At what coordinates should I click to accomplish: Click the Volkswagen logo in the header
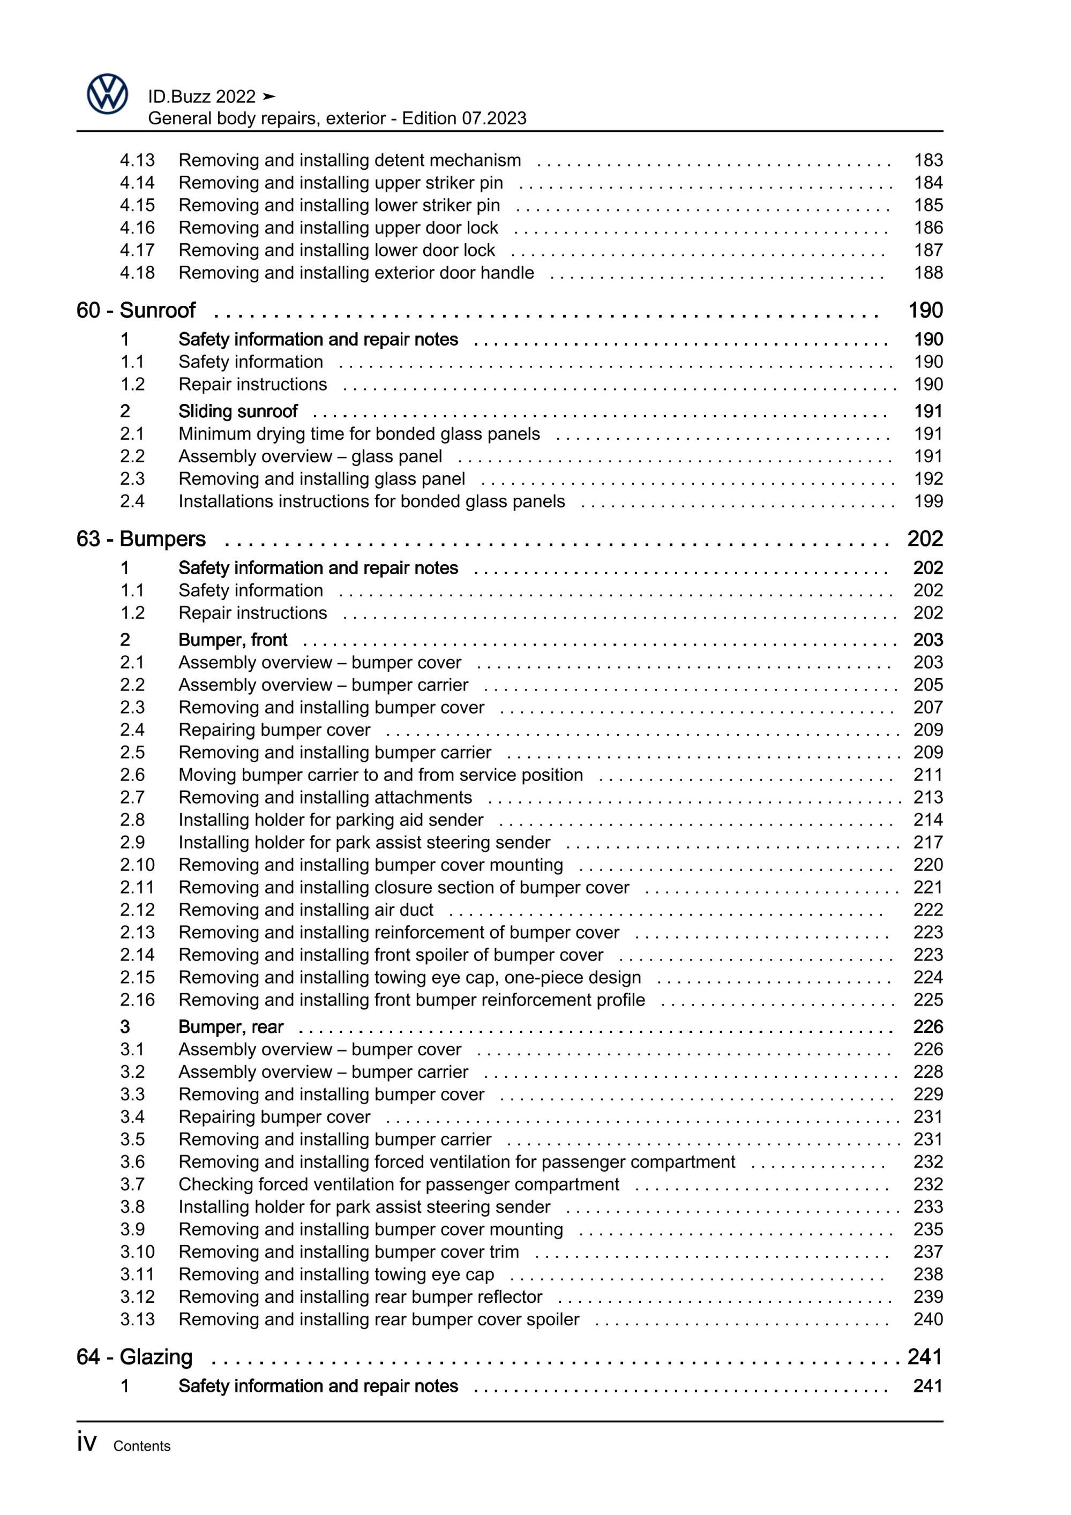pyautogui.click(x=107, y=94)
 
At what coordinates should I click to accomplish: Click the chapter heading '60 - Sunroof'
pyautogui.click(x=136, y=310)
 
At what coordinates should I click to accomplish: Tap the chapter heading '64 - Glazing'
pyautogui.click(x=134, y=1356)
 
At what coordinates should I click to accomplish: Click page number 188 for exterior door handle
pyautogui.click(x=928, y=273)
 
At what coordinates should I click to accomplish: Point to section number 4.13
pyautogui.click(x=137, y=160)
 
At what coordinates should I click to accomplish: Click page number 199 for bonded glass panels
pyautogui.click(x=928, y=501)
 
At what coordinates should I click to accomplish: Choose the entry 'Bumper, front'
pyautogui.click(x=233, y=640)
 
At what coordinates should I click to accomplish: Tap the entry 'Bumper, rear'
pyautogui.click(x=230, y=1027)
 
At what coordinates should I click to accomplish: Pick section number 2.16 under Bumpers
pyautogui.click(x=137, y=1000)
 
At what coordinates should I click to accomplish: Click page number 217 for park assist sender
pyautogui.click(x=928, y=842)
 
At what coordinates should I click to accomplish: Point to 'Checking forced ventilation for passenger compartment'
pyautogui.click(x=399, y=1184)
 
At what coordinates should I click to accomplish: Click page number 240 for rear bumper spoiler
pyautogui.click(x=928, y=1319)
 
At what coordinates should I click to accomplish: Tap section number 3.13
pyautogui.click(x=137, y=1319)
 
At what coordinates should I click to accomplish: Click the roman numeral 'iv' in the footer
pyautogui.click(x=86, y=1443)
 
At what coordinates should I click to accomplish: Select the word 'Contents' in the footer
pyautogui.click(x=141, y=1446)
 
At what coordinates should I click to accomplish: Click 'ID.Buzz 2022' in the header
pyautogui.click(x=201, y=97)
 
